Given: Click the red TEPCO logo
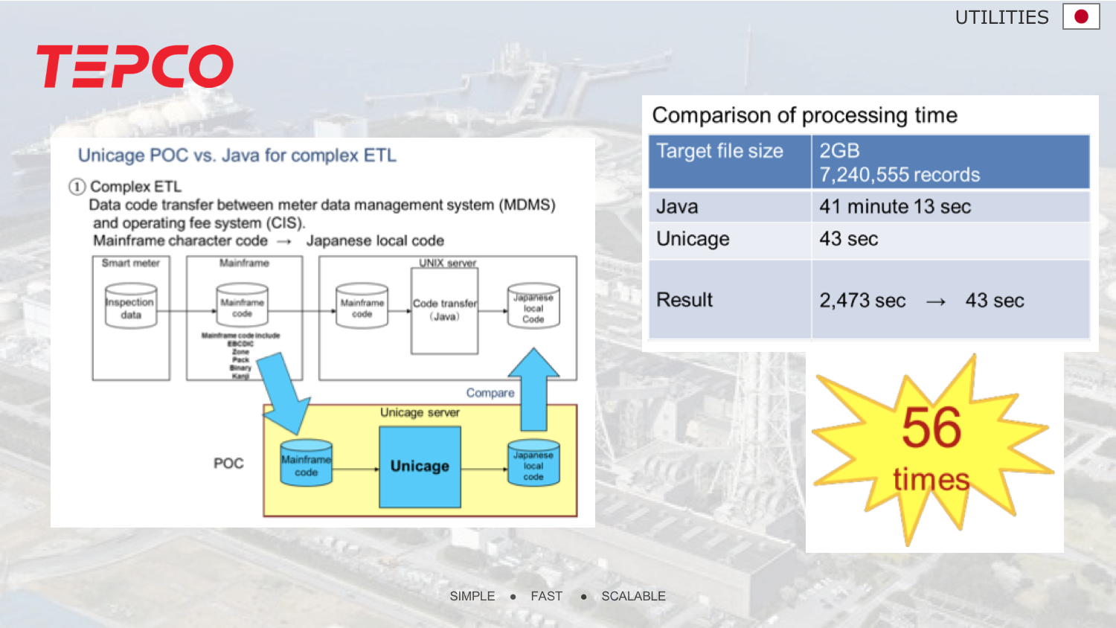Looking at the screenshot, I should (135, 66).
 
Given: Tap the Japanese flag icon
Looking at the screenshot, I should (1081, 16).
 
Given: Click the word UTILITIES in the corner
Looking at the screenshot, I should (1001, 17).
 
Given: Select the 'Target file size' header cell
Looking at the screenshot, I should (719, 151).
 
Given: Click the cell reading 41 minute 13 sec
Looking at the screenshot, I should (895, 207).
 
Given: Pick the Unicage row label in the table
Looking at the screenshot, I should (693, 239).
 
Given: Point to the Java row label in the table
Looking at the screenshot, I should (677, 207).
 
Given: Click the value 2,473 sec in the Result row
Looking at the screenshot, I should (862, 301).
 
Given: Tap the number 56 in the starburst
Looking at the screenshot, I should (931, 428).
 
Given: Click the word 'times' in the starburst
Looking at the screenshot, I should (931, 479).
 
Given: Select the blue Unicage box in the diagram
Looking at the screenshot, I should (420, 467).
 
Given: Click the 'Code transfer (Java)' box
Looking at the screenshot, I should (445, 310).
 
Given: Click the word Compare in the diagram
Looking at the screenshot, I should (490, 393).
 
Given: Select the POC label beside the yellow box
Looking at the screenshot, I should (228, 464).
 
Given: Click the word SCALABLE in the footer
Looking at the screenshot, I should (633, 596).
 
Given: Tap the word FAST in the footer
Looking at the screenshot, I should (546, 596).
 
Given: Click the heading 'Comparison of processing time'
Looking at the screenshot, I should (804, 115).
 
